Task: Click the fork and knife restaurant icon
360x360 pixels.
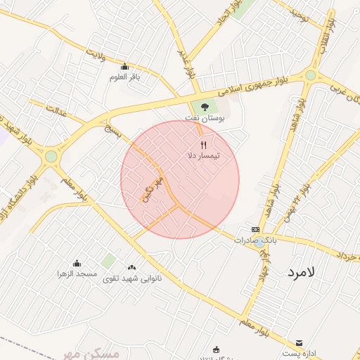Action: [x=204, y=145]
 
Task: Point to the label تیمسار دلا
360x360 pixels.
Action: [x=204, y=155]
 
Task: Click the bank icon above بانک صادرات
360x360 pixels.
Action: [x=255, y=229]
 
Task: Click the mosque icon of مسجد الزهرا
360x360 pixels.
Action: [x=77, y=263]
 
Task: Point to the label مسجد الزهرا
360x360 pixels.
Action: [x=77, y=273]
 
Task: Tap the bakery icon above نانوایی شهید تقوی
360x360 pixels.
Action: [x=132, y=267]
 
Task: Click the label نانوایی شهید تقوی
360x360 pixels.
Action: [x=132, y=278]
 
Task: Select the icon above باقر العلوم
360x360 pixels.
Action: [x=125, y=67]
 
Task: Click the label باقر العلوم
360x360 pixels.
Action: [x=125, y=77]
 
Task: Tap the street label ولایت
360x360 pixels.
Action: [x=96, y=53]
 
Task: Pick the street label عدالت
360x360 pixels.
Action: [x=57, y=110]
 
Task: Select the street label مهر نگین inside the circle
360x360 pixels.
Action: [x=153, y=190]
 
